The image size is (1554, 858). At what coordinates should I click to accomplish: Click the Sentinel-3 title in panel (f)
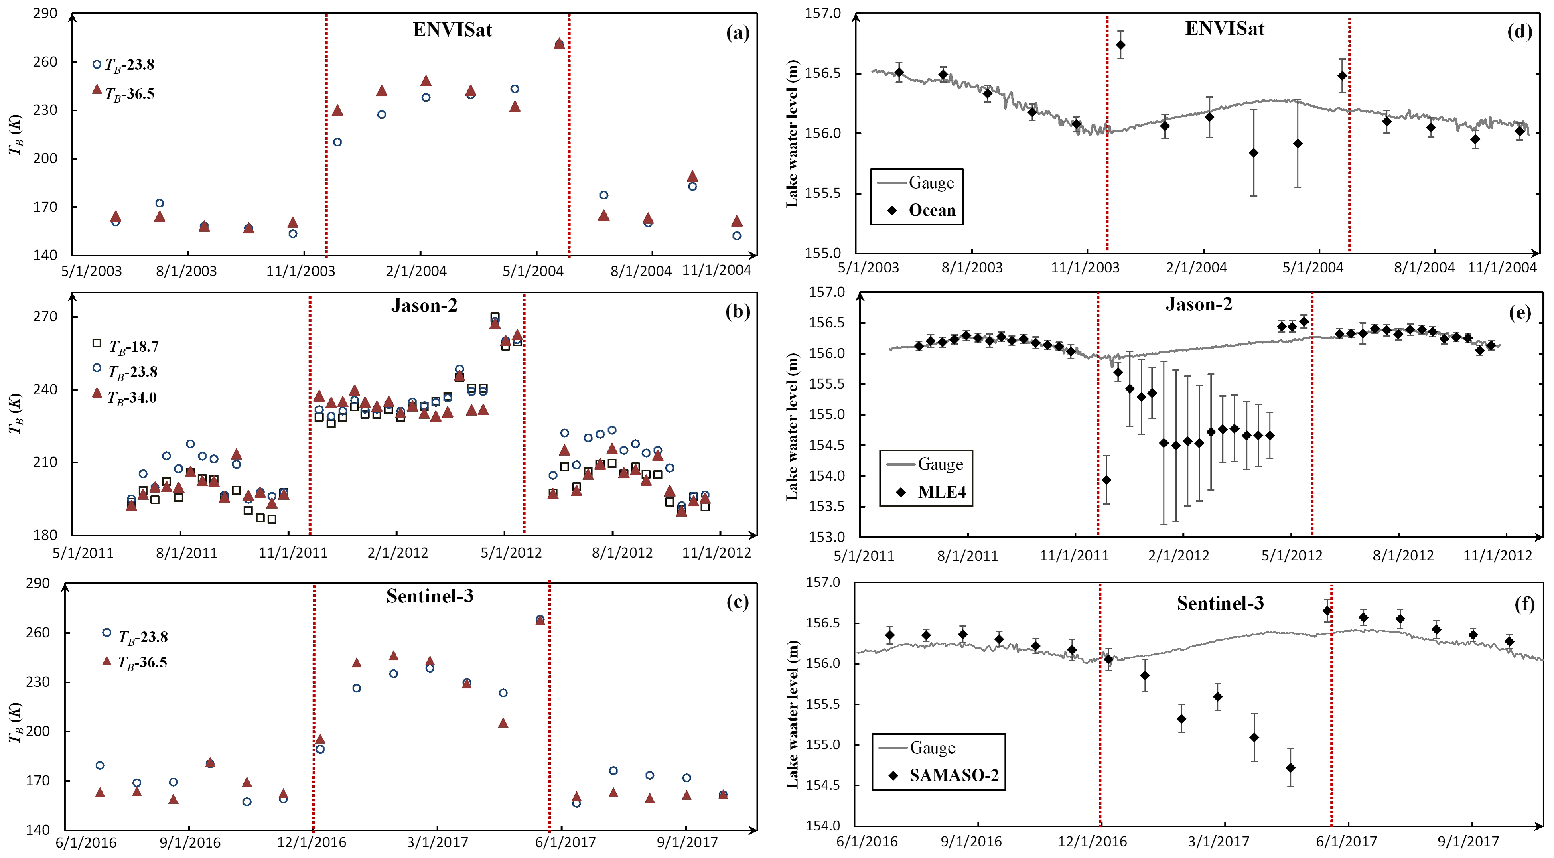pyautogui.click(x=1220, y=603)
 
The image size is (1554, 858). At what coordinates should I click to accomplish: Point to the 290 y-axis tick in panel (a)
pyautogui.click(x=45, y=13)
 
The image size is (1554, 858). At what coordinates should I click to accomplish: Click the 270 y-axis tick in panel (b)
pyautogui.click(x=45, y=317)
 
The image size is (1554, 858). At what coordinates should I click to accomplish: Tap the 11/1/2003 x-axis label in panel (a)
pyautogui.click(x=300, y=271)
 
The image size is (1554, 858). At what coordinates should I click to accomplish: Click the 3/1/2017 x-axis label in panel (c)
pyautogui.click(x=437, y=842)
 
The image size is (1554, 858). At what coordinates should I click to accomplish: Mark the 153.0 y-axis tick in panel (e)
pyautogui.click(x=826, y=536)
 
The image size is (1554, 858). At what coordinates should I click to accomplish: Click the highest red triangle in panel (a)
pyautogui.click(x=559, y=43)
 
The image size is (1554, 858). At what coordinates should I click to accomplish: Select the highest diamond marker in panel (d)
pyautogui.click(x=1120, y=45)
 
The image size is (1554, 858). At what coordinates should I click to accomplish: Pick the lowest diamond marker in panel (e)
pyautogui.click(x=1106, y=480)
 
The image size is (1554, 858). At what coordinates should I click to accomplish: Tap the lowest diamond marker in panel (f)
pyautogui.click(x=1290, y=767)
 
